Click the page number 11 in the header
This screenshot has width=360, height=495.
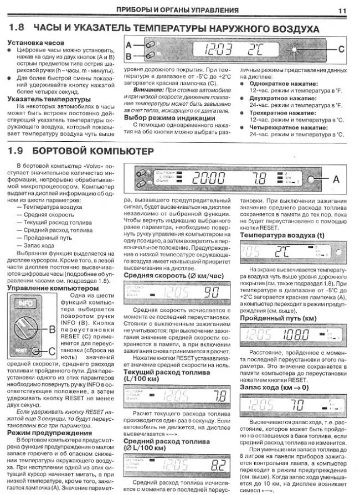[x=342, y=9]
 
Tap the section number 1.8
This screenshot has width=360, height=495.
[x=17, y=28]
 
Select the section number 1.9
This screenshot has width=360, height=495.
[x=17, y=151]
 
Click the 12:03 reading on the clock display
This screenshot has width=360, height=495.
[x=218, y=50]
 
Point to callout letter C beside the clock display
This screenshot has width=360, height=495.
[x=341, y=49]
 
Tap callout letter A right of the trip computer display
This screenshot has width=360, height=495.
[x=336, y=179]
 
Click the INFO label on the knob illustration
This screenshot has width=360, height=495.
[x=24, y=303]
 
